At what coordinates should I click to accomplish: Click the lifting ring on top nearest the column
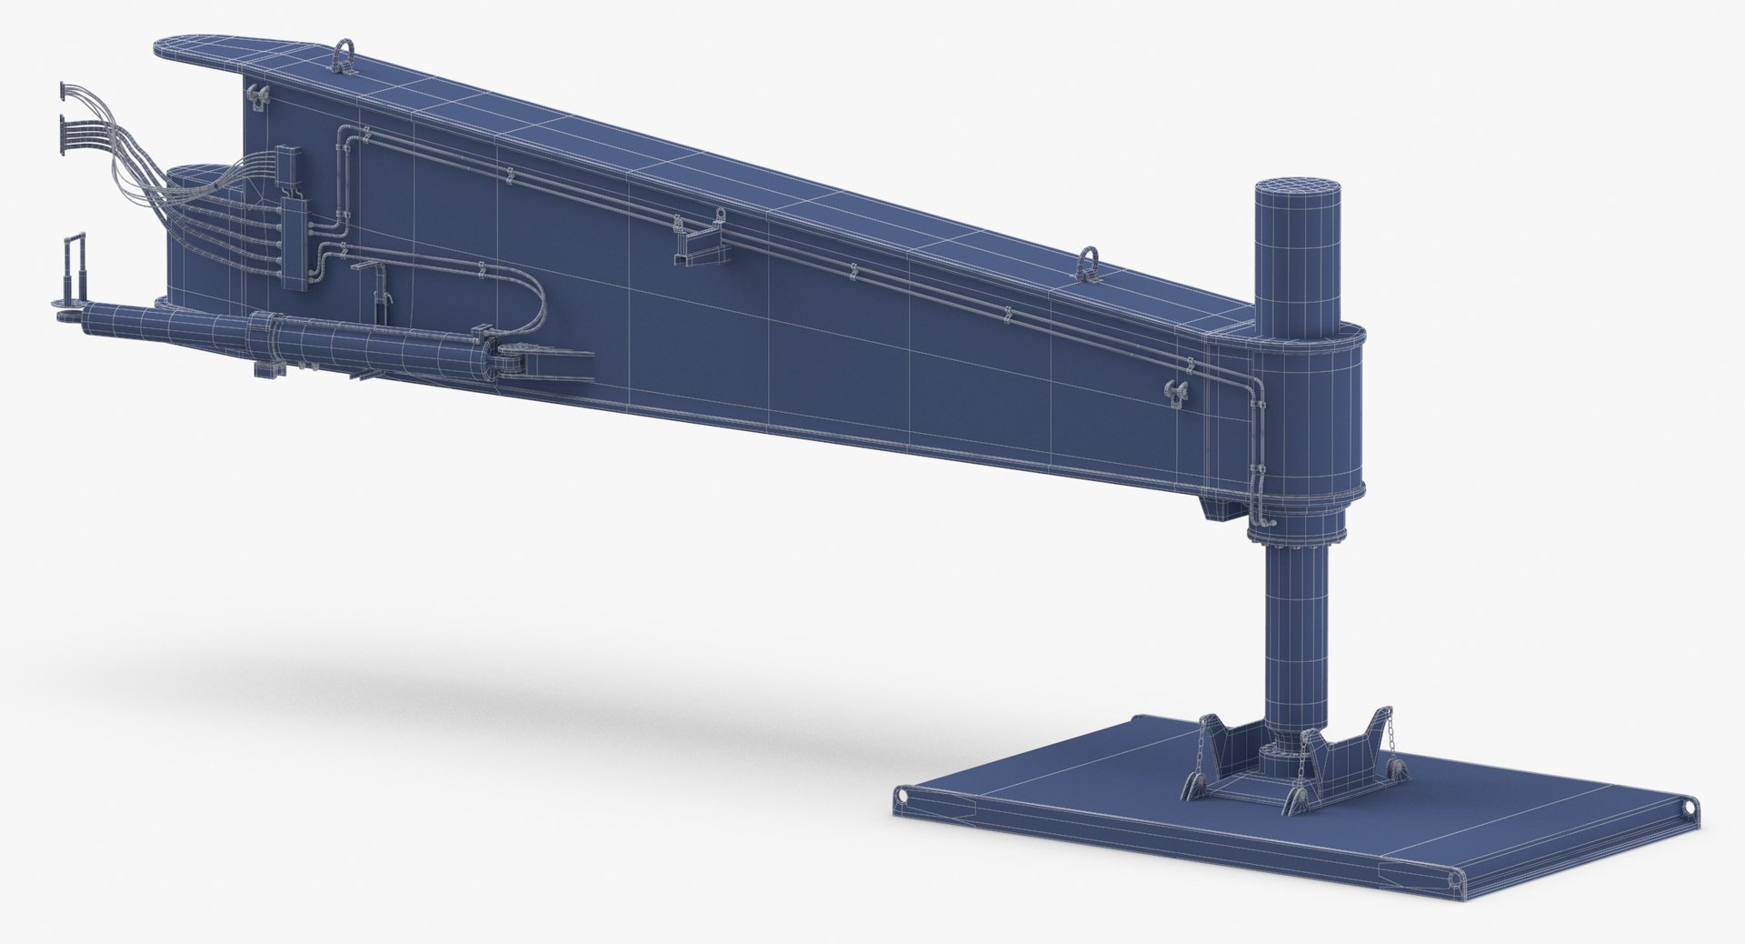pyautogui.click(x=1087, y=262)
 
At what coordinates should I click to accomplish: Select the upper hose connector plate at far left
pyautogui.click(x=65, y=90)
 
